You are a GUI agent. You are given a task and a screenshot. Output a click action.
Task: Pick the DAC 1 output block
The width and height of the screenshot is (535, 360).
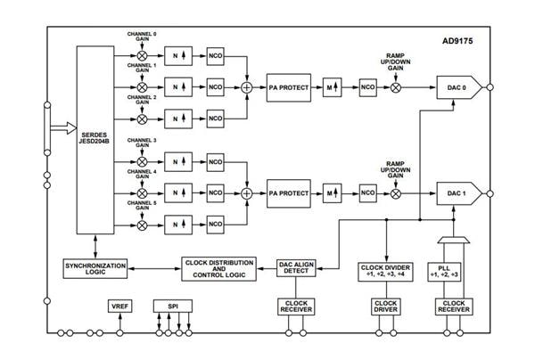tap(457, 192)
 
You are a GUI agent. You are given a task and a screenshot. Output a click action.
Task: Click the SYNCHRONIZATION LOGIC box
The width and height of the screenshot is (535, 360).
tap(95, 267)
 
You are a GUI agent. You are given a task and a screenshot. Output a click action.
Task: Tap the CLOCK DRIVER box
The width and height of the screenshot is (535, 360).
tap(386, 307)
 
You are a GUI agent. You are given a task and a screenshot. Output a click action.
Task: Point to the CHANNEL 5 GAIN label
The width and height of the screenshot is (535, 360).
tap(142, 210)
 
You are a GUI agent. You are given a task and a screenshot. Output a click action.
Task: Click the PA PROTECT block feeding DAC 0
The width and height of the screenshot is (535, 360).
tap(290, 89)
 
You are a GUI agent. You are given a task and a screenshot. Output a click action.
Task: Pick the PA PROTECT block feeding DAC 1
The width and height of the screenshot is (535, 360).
tap(290, 192)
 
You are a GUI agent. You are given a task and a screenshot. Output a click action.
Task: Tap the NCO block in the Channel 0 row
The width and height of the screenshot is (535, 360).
tap(215, 55)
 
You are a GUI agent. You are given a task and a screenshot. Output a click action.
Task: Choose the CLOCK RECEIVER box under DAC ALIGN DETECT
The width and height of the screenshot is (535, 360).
tap(295, 307)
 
